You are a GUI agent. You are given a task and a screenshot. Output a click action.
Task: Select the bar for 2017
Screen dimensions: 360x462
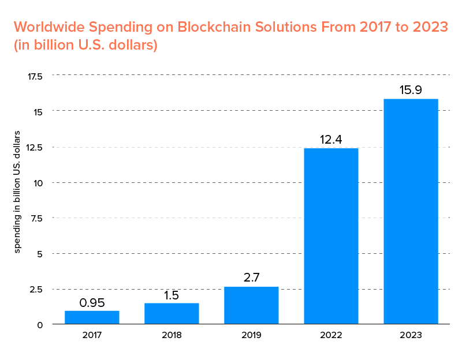[x=92, y=317]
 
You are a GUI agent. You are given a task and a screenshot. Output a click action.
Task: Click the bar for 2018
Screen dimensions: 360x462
[x=172, y=313]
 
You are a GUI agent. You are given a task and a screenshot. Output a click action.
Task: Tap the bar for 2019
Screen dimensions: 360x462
[x=251, y=305]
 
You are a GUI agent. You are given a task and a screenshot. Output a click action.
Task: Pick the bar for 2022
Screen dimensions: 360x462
[x=331, y=236]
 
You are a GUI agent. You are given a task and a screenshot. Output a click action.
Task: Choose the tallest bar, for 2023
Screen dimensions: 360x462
[x=411, y=211]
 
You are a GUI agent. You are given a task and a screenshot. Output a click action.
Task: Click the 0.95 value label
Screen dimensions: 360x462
[x=92, y=302]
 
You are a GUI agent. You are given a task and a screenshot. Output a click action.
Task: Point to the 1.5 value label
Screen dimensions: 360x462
[x=172, y=295]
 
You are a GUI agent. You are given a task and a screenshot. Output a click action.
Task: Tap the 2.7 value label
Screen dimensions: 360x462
[x=251, y=278]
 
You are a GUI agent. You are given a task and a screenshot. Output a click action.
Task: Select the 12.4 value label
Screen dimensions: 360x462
[x=331, y=140]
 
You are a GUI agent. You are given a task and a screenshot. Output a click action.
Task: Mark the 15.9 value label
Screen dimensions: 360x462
[x=411, y=91]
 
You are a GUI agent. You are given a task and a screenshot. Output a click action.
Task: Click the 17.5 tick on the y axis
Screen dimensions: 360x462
[x=35, y=76]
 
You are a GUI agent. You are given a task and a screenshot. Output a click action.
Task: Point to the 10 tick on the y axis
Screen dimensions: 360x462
[x=39, y=183]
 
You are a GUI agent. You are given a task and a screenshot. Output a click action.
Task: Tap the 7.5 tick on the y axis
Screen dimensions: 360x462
[x=36, y=218]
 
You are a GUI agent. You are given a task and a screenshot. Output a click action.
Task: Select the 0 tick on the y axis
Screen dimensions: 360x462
[x=40, y=325]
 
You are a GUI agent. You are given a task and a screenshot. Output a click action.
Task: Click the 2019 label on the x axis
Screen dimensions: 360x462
[x=251, y=335]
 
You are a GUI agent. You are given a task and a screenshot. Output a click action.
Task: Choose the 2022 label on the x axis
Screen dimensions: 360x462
[x=331, y=335]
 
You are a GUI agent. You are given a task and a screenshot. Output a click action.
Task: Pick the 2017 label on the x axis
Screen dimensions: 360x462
[x=92, y=335]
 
